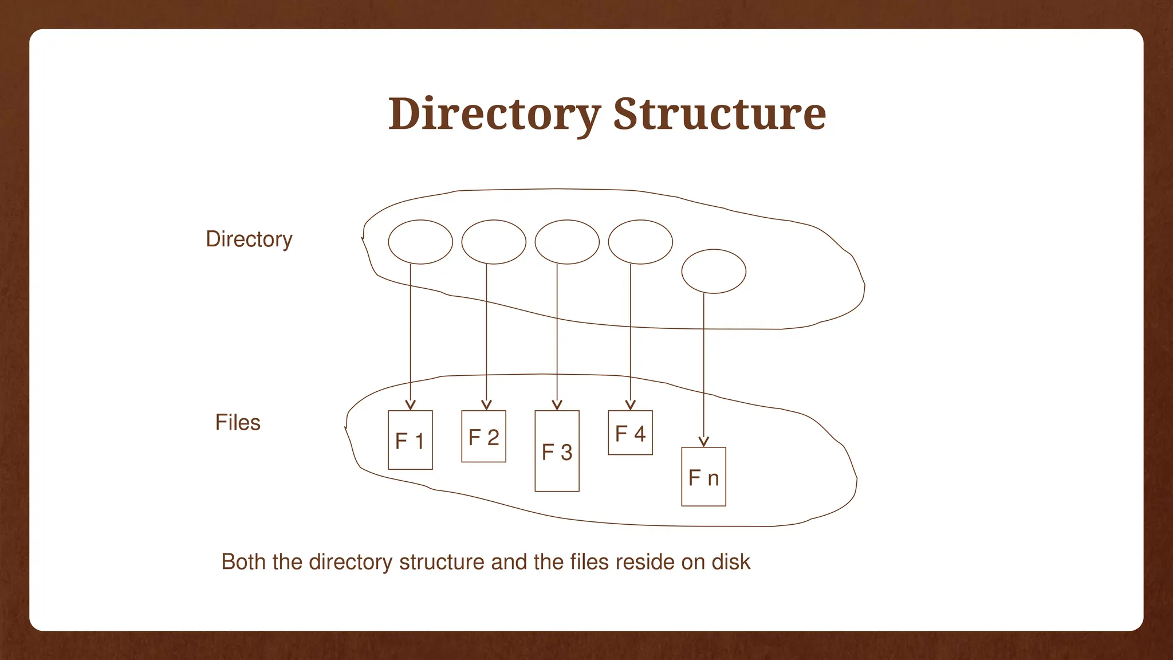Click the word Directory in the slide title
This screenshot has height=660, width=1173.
(x=494, y=114)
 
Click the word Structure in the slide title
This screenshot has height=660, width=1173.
(x=719, y=114)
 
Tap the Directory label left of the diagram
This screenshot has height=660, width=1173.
(x=249, y=239)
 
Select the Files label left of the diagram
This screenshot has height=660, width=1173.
(x=238, y=422)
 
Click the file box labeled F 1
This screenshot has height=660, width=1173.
(x=410, y=440)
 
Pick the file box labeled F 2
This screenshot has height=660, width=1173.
(x=483, y=436)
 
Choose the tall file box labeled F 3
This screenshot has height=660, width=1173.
(x=557, y=451)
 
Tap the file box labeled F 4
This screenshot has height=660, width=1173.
(x=630, y=433)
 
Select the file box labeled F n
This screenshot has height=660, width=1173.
(x=703, y=477)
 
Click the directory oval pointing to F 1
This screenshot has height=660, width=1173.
(x=420, y=242)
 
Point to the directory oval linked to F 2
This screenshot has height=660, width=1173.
(x=494, y=242)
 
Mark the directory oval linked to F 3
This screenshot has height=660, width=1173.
(x=567, y=242)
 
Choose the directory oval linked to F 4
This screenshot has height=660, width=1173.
(x=640, y=242)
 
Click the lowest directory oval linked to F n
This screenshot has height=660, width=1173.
(x=714, y=272)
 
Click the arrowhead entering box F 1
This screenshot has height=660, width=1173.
(x=410, y=406)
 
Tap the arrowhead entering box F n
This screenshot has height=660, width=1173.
(x=704, y=442)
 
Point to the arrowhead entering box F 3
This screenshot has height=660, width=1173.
(x=557, y=406)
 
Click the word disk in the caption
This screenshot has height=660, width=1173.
(x=730, y=561)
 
